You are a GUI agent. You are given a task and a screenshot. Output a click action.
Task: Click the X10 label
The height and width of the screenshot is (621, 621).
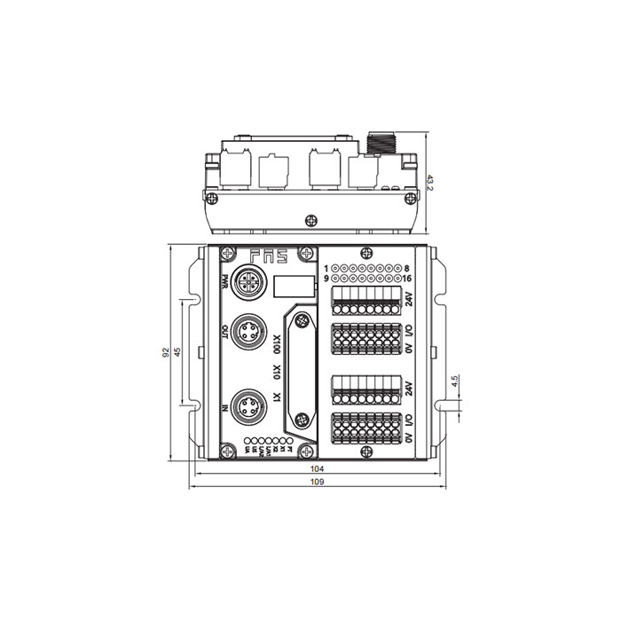277,373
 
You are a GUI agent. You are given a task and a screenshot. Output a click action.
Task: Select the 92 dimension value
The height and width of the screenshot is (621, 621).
167,352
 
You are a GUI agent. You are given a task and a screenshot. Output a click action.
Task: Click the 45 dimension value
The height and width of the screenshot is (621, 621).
179,352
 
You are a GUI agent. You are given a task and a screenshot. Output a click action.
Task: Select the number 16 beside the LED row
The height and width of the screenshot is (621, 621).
406,278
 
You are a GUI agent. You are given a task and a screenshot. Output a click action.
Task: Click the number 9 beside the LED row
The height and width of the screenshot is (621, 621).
326,278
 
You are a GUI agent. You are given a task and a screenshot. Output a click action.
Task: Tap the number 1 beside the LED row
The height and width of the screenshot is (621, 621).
326,267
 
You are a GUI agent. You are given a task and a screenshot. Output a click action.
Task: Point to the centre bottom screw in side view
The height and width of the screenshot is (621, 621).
310,220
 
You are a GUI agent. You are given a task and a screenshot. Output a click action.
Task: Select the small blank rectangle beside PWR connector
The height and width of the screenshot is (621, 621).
294,286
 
